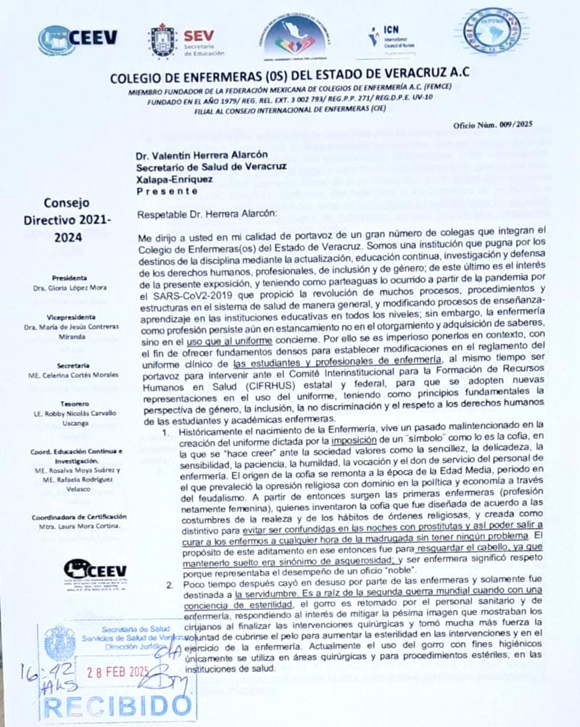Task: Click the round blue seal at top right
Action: (492, 30)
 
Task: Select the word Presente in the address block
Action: (166, 190)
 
